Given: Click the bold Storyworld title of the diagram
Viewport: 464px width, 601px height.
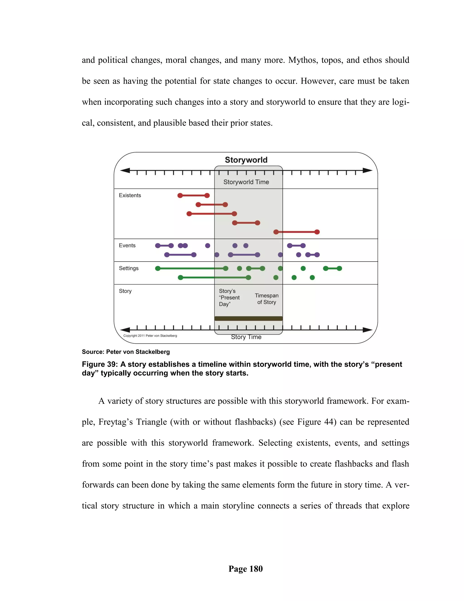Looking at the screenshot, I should click(x=246, y=160).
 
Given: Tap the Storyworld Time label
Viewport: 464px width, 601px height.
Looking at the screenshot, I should click(x=246, y=182).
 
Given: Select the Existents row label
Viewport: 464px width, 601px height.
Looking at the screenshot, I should click(x=130, y=195).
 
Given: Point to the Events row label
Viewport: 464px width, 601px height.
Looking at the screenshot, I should click(x=127, y=245).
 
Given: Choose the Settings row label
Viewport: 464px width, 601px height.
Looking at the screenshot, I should click(x=129, y=268).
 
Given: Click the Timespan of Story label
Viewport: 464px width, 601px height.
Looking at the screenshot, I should click(x=266, y=299).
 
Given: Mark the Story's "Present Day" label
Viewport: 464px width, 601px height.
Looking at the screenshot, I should click(x=229, y=298).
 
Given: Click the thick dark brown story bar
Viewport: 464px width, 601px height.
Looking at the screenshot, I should click(x=248, y=318).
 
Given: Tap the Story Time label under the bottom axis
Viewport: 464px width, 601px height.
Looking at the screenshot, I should click(x=246, y=337).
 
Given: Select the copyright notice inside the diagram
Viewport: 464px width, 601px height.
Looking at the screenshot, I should click(x=150, y=336).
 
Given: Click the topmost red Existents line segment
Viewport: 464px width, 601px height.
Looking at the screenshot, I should click(x=193, y=195).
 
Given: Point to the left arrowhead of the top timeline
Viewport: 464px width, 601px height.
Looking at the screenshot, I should click(x=125, y=171).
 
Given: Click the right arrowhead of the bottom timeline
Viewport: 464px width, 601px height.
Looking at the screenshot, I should click(x=367, y=330).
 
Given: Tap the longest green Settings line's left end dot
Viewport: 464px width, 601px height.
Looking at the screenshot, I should click(x=158, y=268).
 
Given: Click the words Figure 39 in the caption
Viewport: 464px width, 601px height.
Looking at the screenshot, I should click(x=99, y=364).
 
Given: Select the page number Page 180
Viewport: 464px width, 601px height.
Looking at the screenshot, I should click(x=245, y=569).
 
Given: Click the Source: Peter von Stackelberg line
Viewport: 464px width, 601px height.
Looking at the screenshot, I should click(x=126, y=352).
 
